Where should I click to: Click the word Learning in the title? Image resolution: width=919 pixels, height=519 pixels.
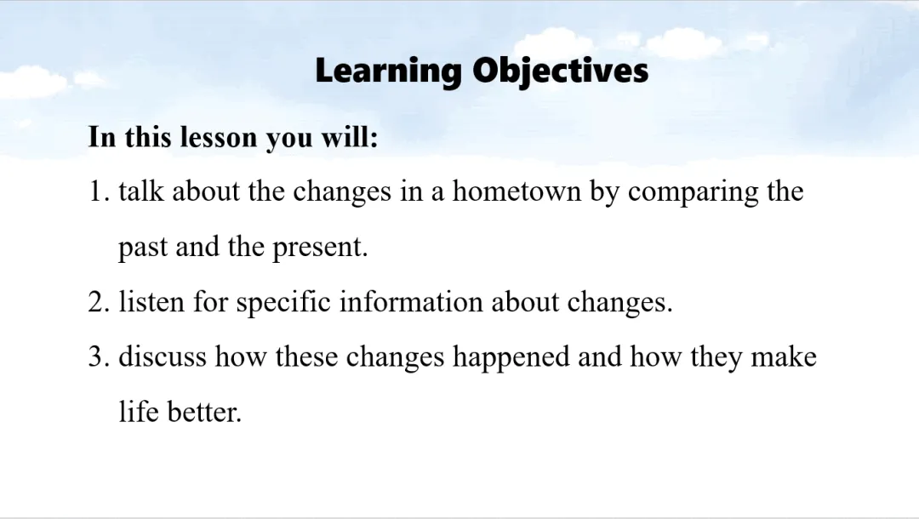pos(389,71)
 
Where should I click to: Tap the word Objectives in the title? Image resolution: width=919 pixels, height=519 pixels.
pos(561,71)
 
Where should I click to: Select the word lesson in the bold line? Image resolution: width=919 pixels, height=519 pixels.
pos(219,137)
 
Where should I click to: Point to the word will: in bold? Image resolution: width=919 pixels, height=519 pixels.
pos(350,137)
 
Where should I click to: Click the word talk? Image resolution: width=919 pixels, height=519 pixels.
pos(141,191)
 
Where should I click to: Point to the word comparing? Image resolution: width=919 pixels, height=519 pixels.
pos(694,193)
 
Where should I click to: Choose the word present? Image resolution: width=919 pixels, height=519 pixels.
pos(320,248)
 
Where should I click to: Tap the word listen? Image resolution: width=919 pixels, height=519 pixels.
pos(151,302)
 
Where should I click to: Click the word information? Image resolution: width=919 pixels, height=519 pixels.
pos(411,302)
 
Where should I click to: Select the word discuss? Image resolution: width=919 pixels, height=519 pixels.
pos(163,356)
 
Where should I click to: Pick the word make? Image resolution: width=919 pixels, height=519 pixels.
pos(784,356)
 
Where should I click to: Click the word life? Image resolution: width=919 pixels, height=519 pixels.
pos(139,411)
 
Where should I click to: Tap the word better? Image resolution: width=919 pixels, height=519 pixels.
pos(204,411)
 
